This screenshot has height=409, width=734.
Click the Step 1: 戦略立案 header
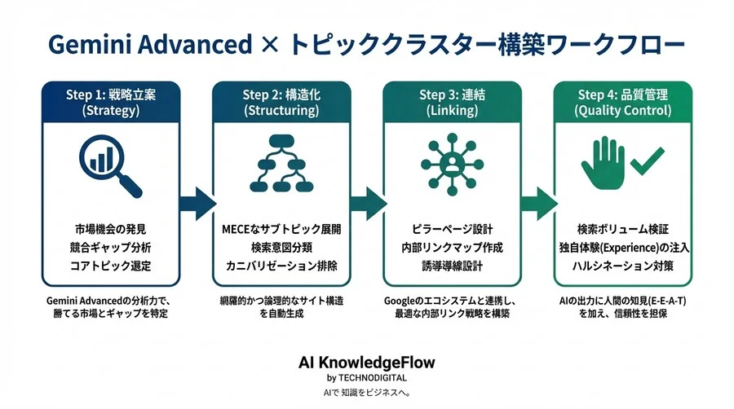point(111,103)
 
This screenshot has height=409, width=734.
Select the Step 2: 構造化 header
point(281,103)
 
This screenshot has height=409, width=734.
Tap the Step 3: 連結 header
point(452,103)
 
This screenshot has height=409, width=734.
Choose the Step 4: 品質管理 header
point(623,103)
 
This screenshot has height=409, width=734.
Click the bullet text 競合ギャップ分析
point(111,246)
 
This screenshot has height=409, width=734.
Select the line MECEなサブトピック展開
point(281,227)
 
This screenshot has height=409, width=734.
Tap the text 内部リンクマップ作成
point(452,246)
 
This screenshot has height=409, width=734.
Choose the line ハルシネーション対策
point(623,265)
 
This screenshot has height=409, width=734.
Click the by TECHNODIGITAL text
point(366,378)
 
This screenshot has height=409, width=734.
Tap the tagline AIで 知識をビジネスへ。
point(366,392)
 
